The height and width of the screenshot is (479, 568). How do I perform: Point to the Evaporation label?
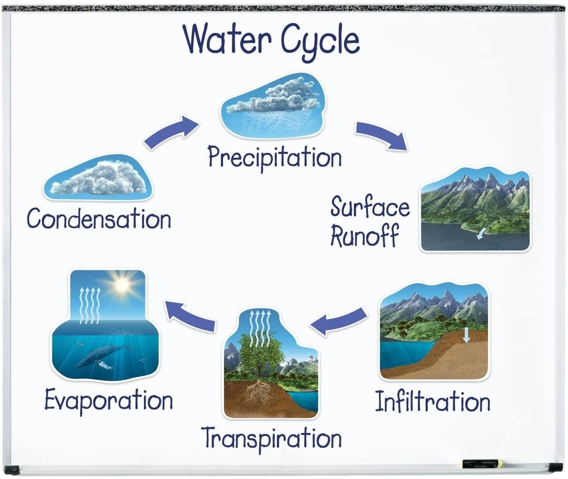click(x=109, y=400)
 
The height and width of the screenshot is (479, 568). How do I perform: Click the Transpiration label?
click(x=271, y=438)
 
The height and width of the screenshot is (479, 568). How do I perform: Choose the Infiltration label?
click(x=432, y=402)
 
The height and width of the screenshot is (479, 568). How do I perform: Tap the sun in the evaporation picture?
click(x=121, y=286)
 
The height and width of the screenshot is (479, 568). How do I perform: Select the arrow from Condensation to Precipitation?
click(x=171, y=132)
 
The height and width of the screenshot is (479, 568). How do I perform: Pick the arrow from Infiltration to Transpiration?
click(x=338, y=321)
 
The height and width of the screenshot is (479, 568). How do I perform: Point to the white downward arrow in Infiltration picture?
click(x=466, y=335)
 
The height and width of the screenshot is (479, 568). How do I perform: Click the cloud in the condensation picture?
click(x=98, y=177)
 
